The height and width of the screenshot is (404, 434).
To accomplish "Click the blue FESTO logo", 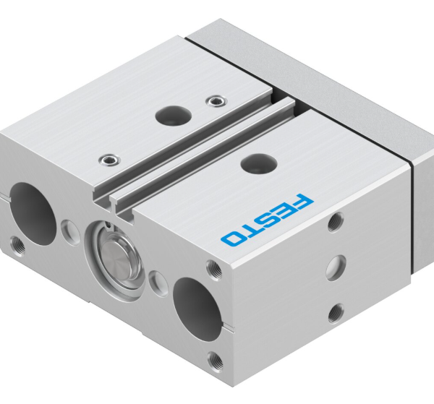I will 268,219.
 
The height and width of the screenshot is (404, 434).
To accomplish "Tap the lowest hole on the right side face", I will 335,312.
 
